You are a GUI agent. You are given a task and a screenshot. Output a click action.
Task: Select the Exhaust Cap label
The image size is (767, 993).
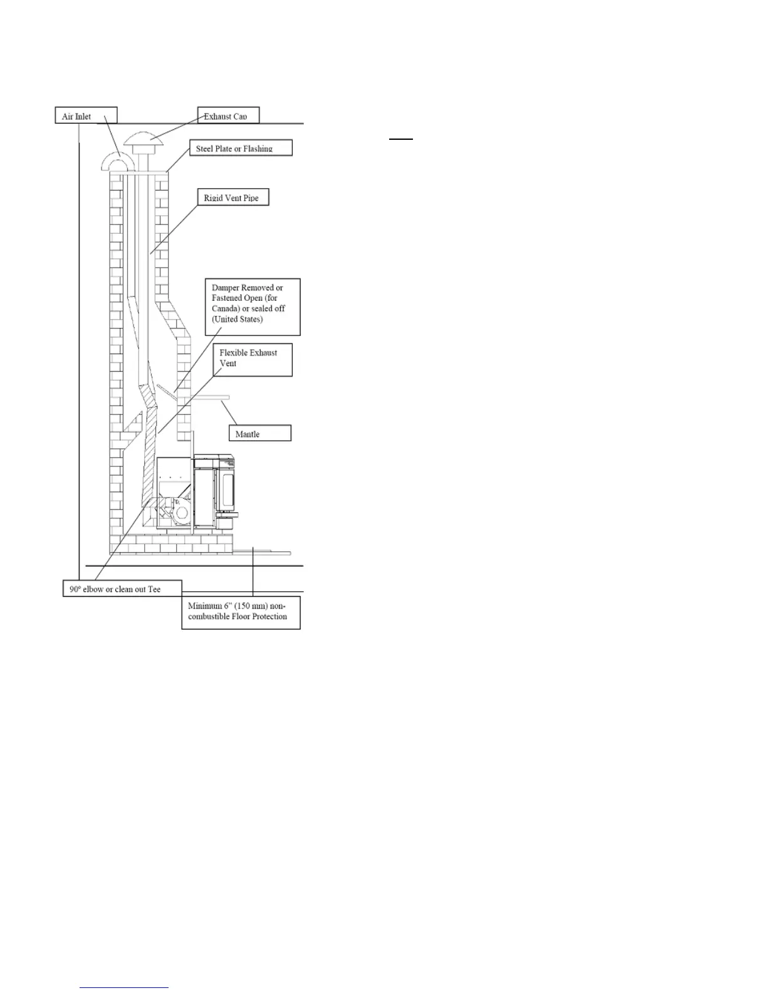(228, 116)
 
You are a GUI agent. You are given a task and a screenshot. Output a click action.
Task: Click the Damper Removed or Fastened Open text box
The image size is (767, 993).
(253, 307)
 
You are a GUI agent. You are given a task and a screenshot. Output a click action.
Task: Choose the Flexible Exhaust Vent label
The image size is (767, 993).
(253, 359)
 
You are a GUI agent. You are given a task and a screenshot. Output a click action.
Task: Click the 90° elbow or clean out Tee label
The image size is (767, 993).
(122, 589)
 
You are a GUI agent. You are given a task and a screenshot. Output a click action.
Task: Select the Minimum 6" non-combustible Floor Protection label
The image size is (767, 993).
(241, 612)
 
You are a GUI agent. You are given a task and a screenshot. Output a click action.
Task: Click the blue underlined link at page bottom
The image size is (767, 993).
(125, 988)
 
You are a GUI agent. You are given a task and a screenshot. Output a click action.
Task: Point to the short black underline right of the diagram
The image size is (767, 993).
(401, 139)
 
